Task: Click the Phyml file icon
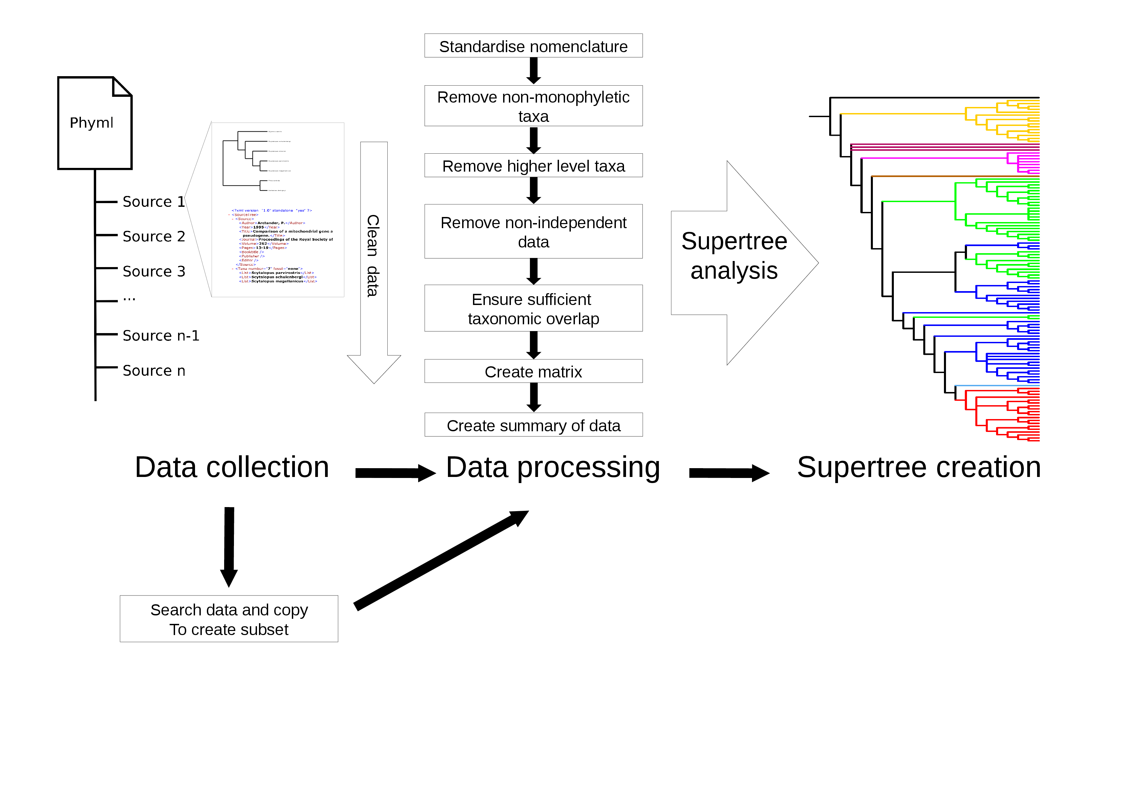[x=94, y=123]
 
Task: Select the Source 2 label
[x=154, y=237]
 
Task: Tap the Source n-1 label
[x=160, y=336]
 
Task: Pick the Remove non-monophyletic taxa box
[x=533, y=106]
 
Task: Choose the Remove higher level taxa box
[x=533, y=166]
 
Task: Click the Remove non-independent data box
[x=533, y=232]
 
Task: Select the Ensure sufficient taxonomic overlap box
[x=533, y=309]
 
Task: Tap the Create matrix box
[x=533, y=371]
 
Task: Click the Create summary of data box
[x=533, y=426]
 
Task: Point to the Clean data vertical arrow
[x=374, y=258]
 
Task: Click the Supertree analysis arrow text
[x=734, y=256]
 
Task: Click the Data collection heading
[x=232, y=467]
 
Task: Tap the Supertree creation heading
[x=919, y=467]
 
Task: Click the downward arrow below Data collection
[x=229, y=547]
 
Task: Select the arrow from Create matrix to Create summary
[x=534, y=397]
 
